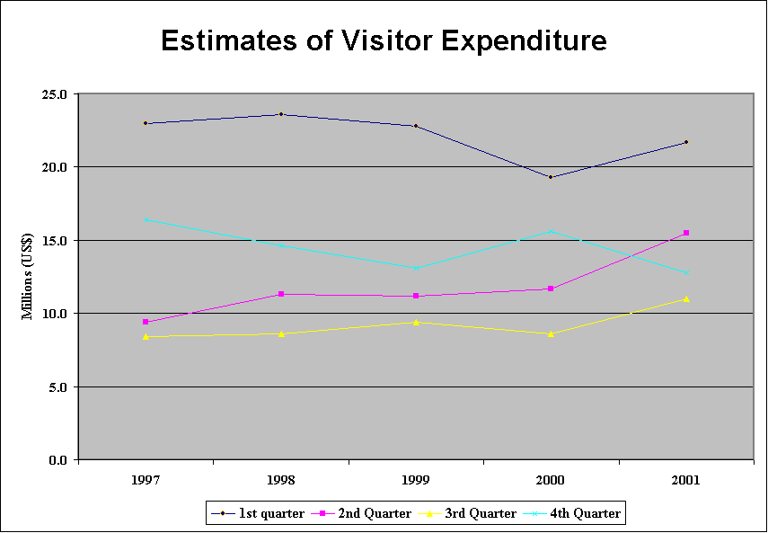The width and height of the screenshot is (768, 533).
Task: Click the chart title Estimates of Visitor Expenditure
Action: [384, 40]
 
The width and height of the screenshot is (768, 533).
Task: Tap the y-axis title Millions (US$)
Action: [29, 276]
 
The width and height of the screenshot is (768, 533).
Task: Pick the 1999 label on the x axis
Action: [416, 481]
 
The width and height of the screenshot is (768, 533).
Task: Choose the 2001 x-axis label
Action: [686, 481]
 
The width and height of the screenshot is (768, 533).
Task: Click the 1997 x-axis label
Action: [146, 481]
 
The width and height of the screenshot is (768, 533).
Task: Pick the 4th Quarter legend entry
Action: [584, 513]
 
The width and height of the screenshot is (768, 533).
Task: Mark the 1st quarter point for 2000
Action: [551, 177]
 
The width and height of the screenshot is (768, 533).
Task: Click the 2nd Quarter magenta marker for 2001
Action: [686, 233]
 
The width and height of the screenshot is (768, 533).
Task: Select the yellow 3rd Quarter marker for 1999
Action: [416, 322]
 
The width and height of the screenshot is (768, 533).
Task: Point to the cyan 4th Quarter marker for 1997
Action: [146, 219]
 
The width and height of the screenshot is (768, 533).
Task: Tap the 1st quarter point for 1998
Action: [281, 114]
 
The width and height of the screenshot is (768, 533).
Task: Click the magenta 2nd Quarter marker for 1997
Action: [146, 322]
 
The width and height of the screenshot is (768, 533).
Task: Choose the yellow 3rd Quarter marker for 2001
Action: [686, 298]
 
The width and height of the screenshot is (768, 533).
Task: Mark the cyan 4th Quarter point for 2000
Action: [551, 231]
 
